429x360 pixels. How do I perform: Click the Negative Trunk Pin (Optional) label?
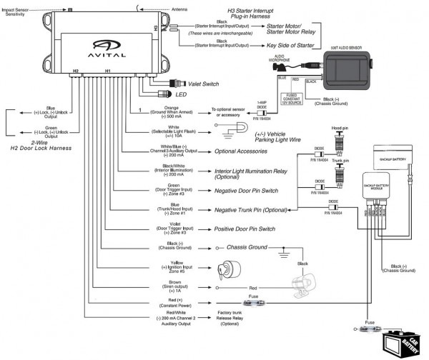coord(254,210)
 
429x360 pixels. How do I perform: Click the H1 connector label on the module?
coord(108,71)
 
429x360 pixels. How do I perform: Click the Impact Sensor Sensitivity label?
coord(19,11)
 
